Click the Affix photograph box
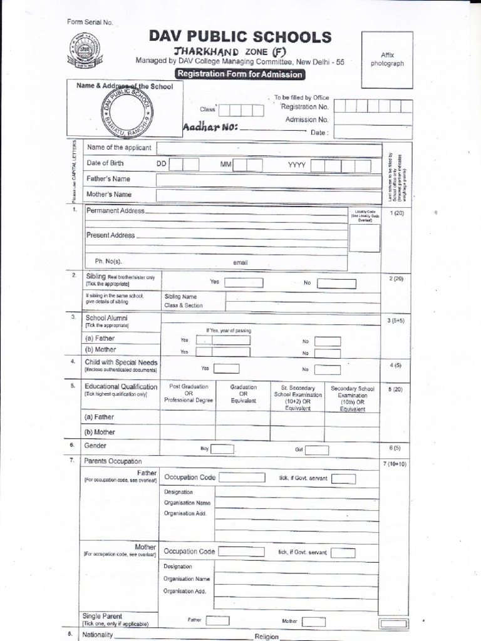tap(387, 59)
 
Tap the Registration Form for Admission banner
tap(240, 74)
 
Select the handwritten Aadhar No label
tap(210, 127)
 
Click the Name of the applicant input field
tap(269, 148)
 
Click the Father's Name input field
tap(269, 180)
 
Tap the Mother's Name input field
tap(269, 195)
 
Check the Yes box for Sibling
tap(243, 283)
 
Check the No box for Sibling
tap(336, 284)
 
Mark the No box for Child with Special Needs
tap(328, 369)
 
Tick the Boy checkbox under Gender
tap(222, 449)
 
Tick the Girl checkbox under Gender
tap(316, 449)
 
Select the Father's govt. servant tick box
tap(343, 479)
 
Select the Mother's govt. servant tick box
tap(343, 553)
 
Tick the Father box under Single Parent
tap(217, 621)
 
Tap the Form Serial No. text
tap(90, 23)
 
